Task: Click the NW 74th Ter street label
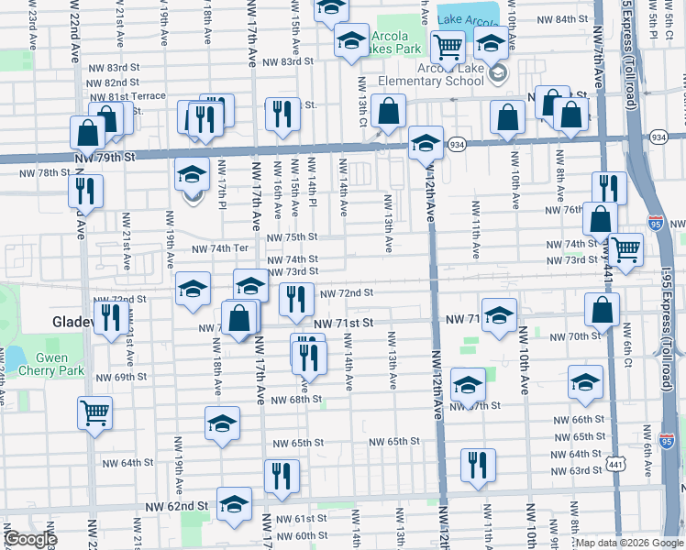219,248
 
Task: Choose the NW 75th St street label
292,236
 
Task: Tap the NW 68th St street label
291,400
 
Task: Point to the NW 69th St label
119,377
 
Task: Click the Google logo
30,539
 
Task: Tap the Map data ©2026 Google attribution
629,543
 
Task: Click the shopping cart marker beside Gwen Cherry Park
94,412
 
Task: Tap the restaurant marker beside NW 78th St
85,190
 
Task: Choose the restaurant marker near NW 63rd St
477,465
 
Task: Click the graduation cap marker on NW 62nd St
235,504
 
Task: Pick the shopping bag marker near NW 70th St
603,309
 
